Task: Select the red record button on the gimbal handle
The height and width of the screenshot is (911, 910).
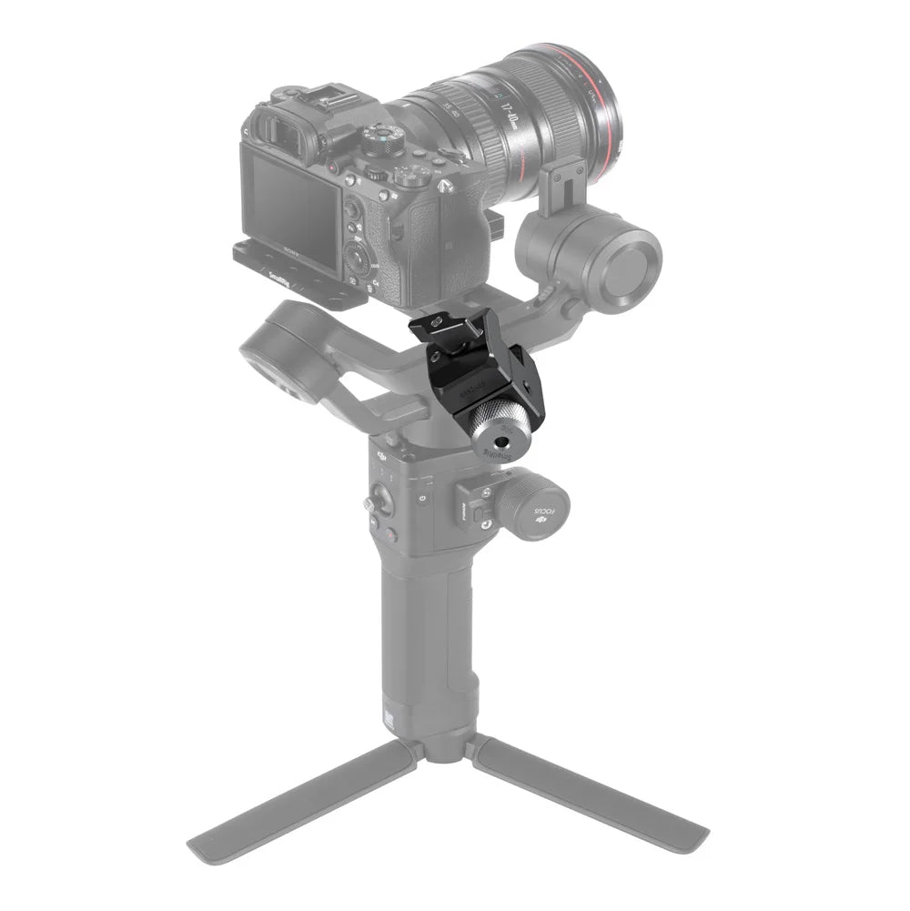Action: point(390,536)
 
